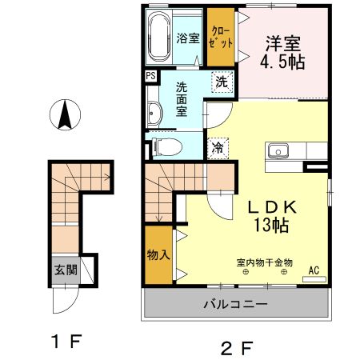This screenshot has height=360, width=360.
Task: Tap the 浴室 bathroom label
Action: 187,38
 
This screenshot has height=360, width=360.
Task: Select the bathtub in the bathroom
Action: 159,38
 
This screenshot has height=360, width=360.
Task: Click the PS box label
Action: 150,77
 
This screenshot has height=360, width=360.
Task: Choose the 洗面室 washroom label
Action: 182,99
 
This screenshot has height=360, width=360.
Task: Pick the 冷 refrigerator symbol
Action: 217,146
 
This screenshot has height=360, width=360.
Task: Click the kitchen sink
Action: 280,150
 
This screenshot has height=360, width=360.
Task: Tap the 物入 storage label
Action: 158,255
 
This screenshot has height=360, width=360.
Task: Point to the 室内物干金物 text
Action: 265,262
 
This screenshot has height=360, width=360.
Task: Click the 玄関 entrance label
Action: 66,270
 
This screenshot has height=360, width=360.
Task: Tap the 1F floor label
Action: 66,342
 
